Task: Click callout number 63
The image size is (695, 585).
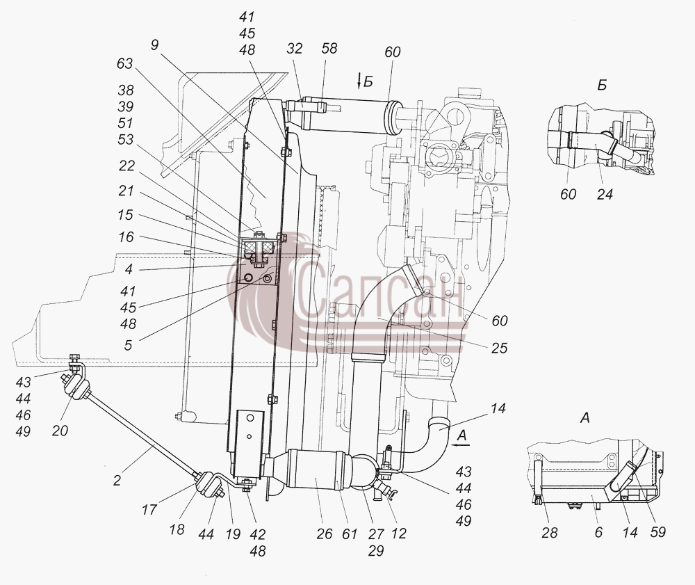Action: [124, 63]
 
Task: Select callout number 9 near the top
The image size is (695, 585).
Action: [155, 45]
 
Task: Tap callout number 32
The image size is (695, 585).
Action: [294, 48]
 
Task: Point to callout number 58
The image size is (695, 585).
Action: [329, 48]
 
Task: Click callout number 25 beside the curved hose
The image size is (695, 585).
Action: [499, 348]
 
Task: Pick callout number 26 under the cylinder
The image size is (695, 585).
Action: [325, 534]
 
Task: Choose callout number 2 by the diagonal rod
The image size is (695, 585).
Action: [117, 480]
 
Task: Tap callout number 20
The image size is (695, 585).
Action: [60, 430]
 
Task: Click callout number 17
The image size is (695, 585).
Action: [149, 509]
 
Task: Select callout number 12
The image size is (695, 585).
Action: [398, 534]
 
